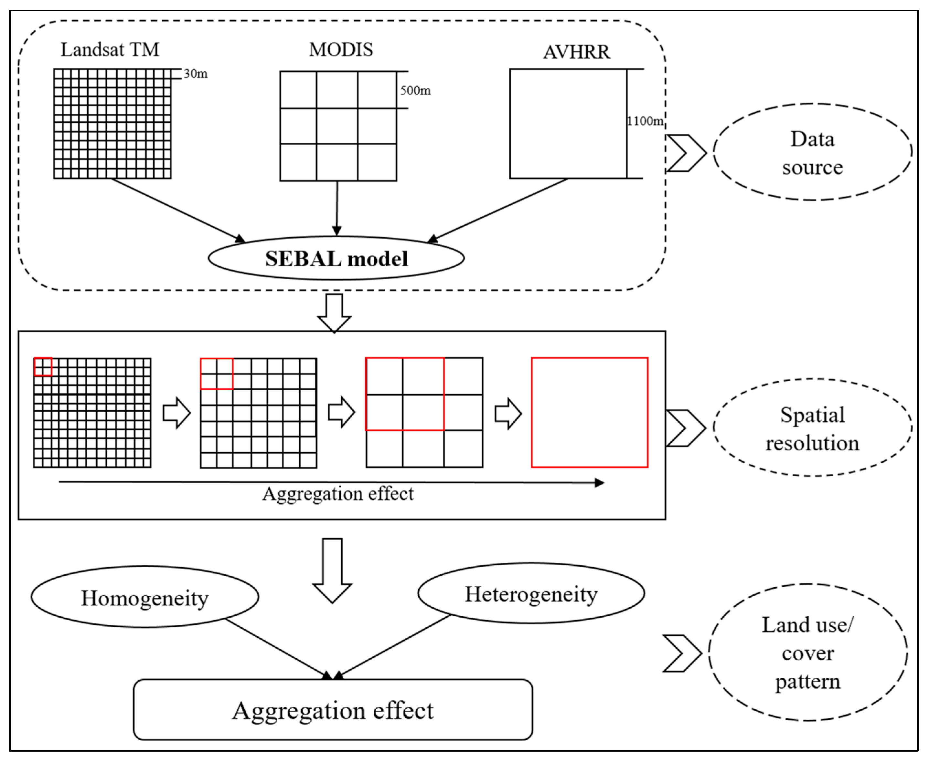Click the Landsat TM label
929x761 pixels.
tap(110, 49)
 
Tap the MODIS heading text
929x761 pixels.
tap(341, 49)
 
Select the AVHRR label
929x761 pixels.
tap(576, 52)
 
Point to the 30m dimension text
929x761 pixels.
tap(195, 74)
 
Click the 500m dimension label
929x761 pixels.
tap(415, 91)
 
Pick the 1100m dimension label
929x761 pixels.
tap(645, 121)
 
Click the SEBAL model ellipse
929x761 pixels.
tap(336, 258)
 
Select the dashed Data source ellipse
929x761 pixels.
tap(812, 152)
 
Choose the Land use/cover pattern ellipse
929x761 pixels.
tap(807, 653)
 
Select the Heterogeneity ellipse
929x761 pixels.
tap(531, 594)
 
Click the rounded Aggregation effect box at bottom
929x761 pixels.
tap(333, 711)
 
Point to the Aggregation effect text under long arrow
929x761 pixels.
tap(338, 494)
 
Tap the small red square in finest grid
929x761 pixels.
tap(43, 367)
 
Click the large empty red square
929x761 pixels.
tap(589, 413)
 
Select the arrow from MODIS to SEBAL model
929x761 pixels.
tap(337, 208)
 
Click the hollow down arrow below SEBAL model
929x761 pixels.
tap(334, 312)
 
